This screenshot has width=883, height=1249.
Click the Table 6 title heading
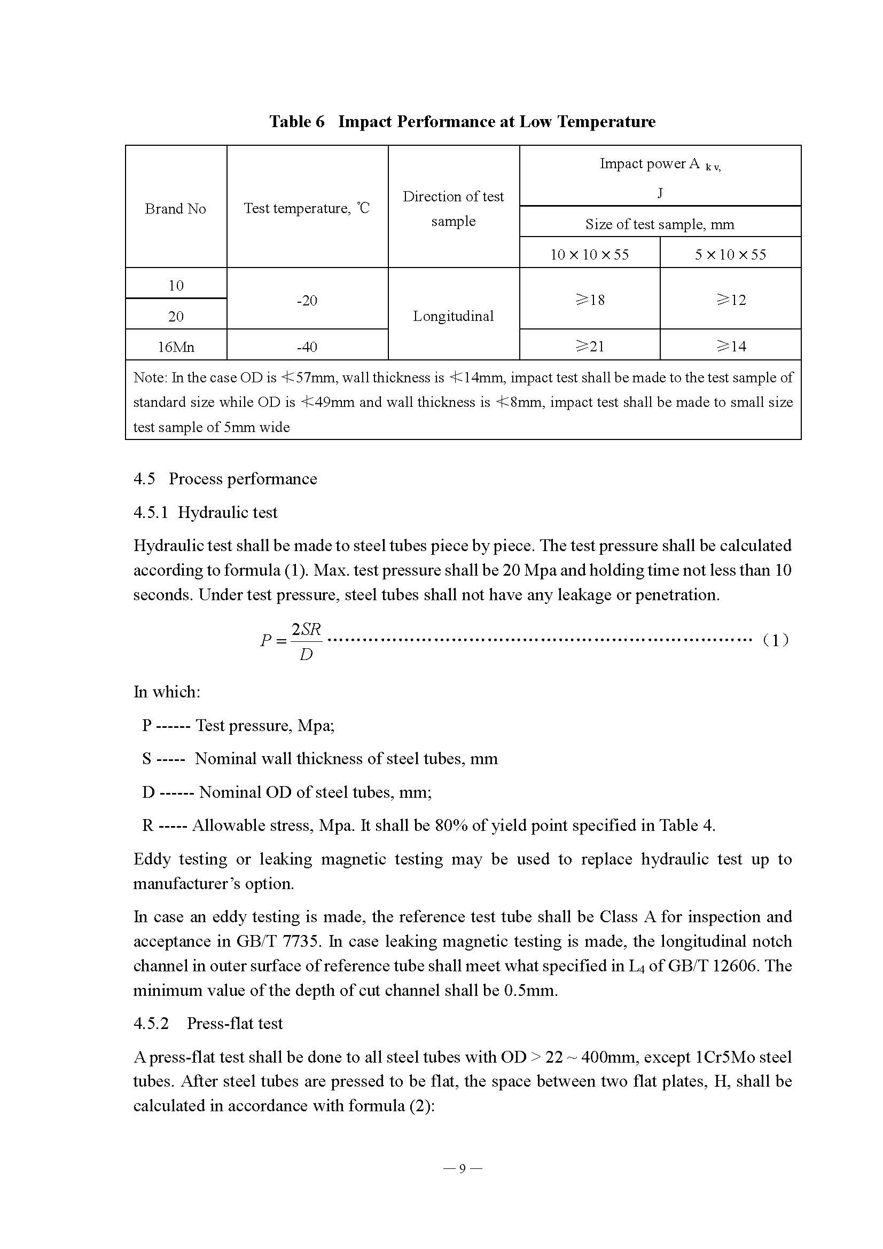[x=462, y=121]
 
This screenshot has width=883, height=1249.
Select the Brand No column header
[x=175, y=209]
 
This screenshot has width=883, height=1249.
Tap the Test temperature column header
[x=306, y=208]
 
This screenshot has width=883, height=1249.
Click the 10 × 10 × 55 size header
[x=589, y=255]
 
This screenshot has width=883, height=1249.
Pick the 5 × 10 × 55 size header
[x=730, y=255]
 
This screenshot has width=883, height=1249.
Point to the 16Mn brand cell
[x=176, y=347]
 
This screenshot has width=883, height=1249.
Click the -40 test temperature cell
[x=307, y=347]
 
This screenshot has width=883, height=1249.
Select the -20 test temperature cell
[x=307, y=300]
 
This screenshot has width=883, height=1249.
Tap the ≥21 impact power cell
[x=590, y=346]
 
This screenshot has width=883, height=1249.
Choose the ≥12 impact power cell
[x=731, y=300]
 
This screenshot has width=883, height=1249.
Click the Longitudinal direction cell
[x=453, y=316]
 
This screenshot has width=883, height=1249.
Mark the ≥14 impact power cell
[x=731, y=346]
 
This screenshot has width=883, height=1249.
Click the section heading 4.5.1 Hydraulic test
[x=205, y=513]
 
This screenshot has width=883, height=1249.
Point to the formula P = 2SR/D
[x=292, y=641]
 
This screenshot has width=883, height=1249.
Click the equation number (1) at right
[x=775, y=640]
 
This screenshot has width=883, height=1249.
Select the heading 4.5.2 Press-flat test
[x=208, y=1024]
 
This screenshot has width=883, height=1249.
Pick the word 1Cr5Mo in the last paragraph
[x=725, y=1057]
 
